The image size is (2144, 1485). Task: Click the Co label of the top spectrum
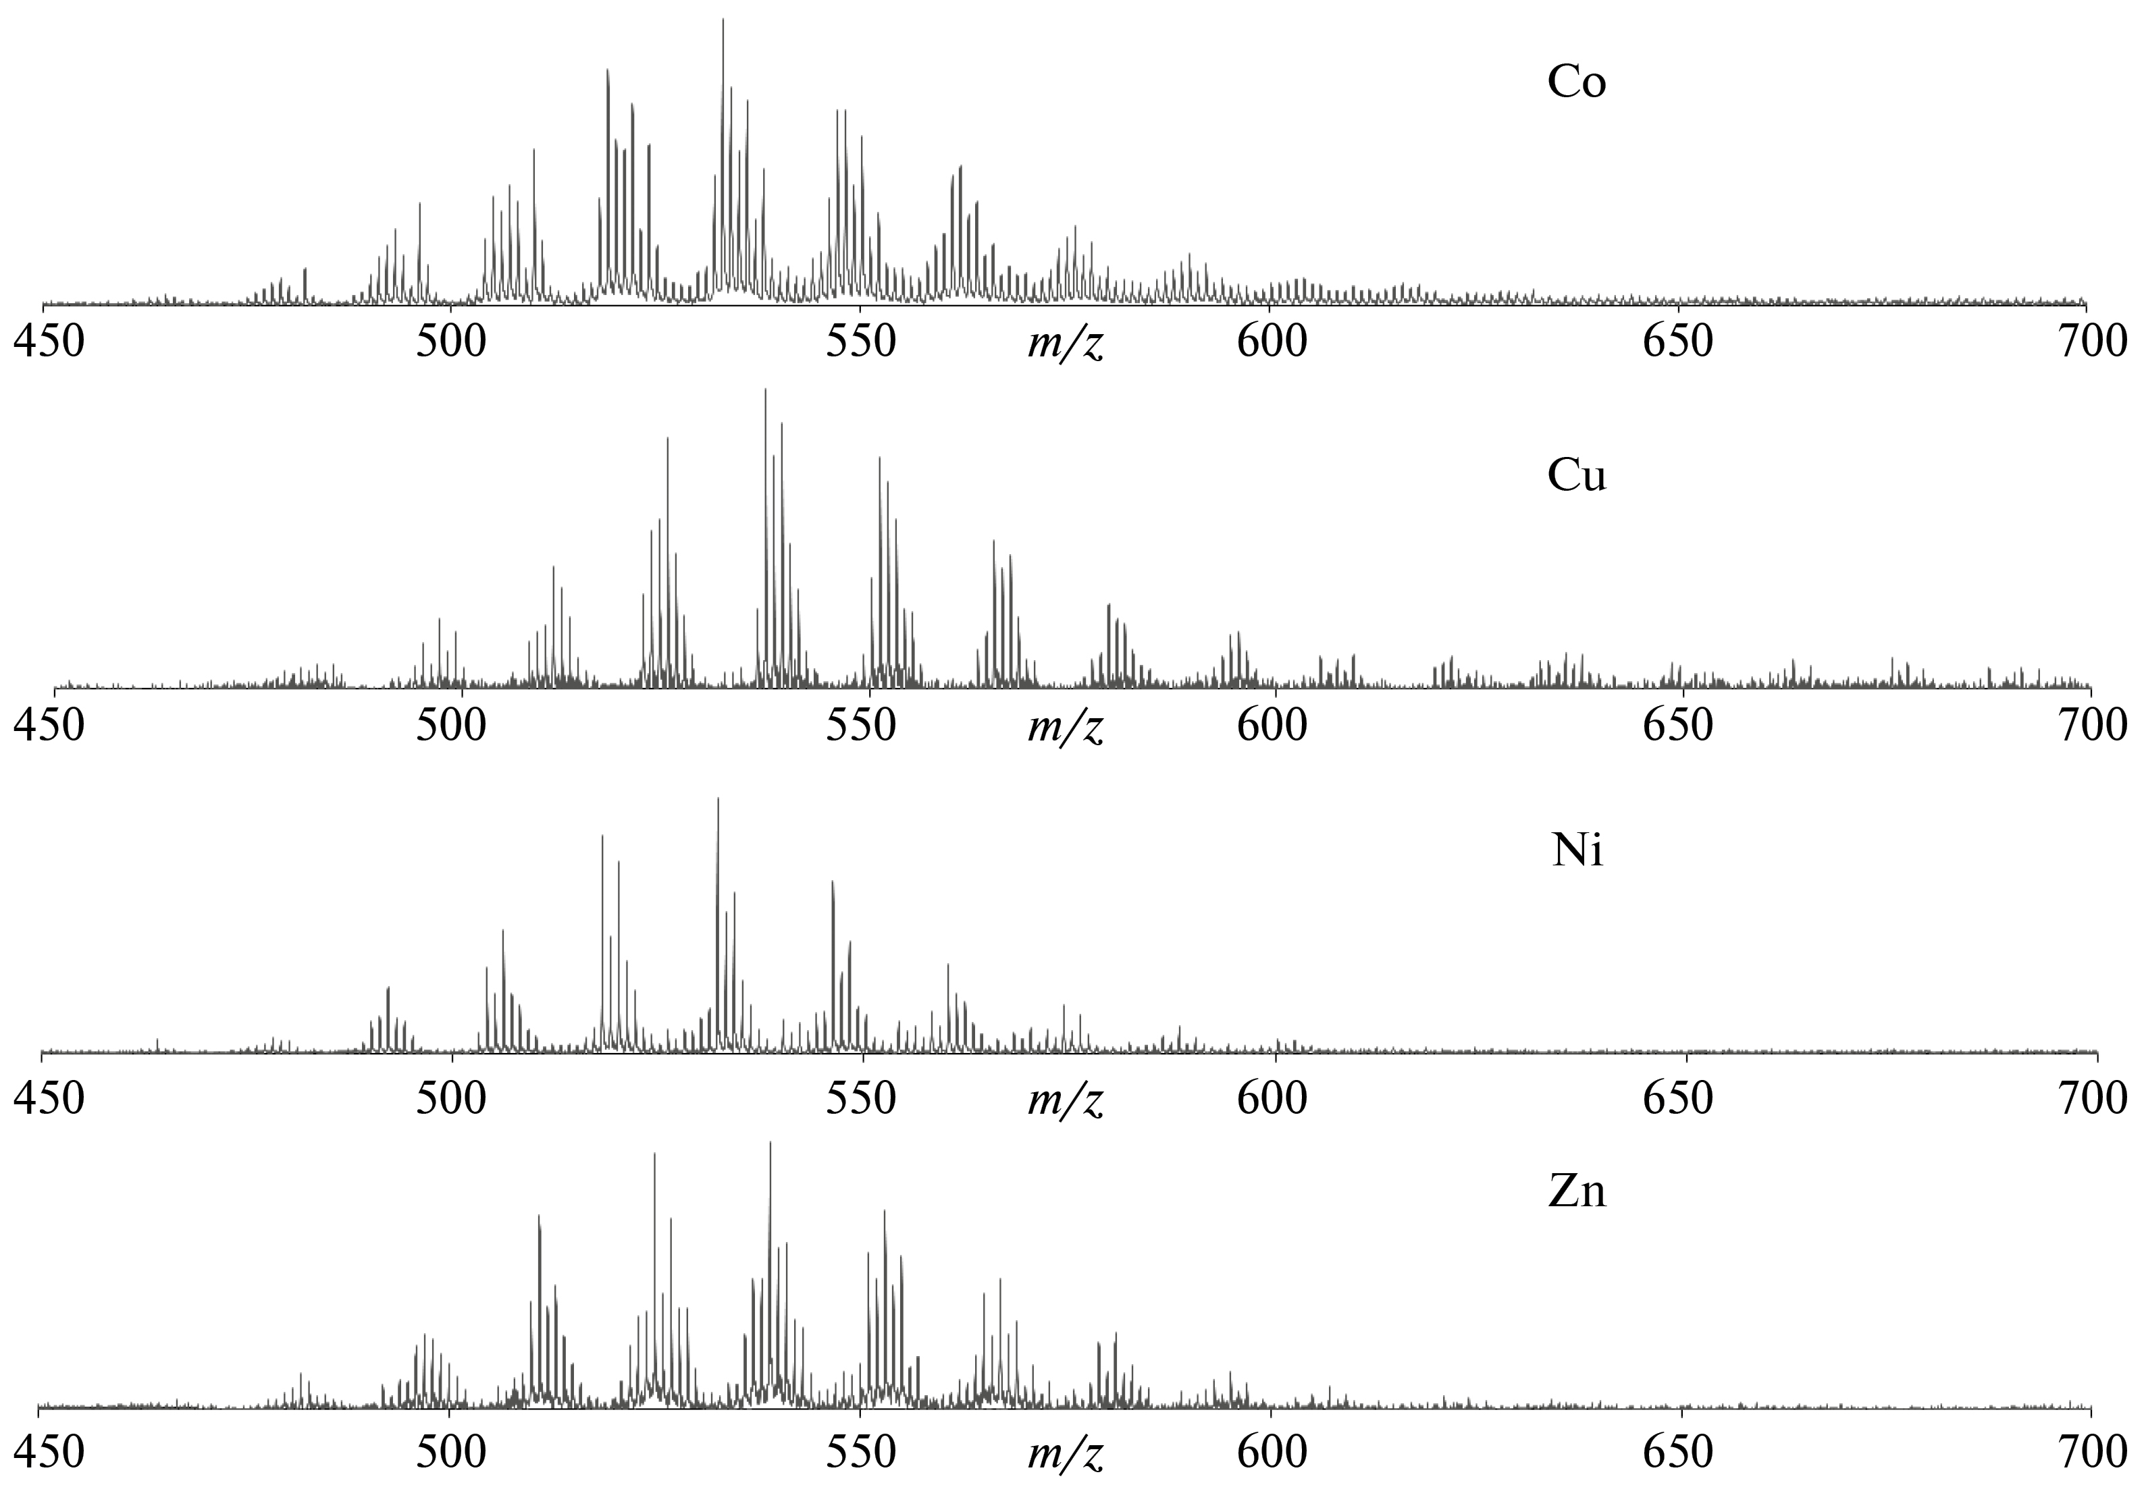coord(1576,82)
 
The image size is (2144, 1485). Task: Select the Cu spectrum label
coord(1576,475)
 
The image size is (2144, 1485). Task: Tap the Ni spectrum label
coord(1577,850)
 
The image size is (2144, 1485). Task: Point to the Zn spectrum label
coord(1576,1192)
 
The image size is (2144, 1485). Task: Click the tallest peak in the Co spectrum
coord(723,23)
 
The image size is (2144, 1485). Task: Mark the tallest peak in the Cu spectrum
coord(765,393)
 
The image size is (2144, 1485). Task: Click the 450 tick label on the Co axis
coord(49,342)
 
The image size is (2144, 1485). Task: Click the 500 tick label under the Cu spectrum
coord(450,726)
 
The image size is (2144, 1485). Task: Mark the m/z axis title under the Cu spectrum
coord(1066,728)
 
